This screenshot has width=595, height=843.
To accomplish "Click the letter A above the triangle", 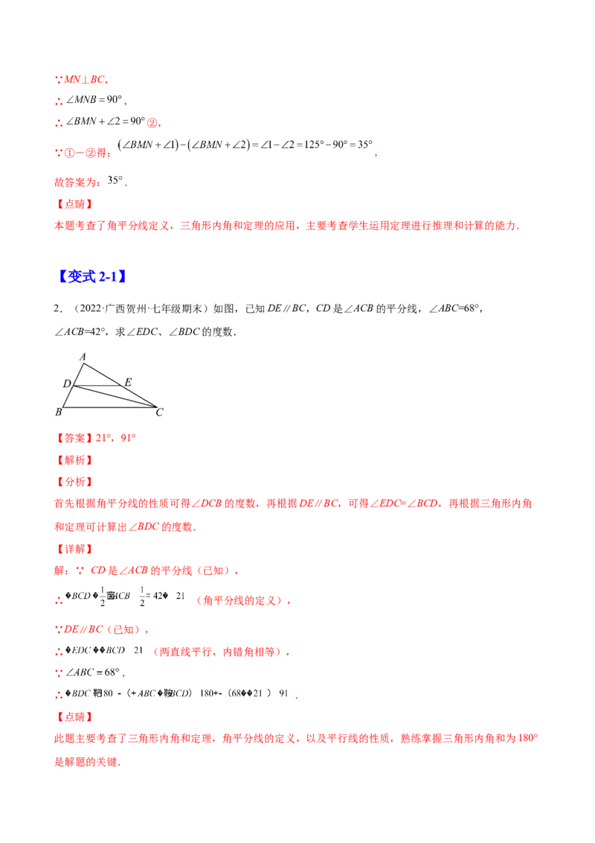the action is click(x=83, y=356).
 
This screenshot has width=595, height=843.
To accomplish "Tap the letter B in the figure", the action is click(x=58, y=411).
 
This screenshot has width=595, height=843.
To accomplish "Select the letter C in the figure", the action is click(x=160, y=411).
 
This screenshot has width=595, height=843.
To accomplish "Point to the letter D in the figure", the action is click(x=65, y=384).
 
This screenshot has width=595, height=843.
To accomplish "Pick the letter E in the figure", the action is click(x=128, y=383).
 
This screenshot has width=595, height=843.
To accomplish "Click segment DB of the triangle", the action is click(x=68, y=397).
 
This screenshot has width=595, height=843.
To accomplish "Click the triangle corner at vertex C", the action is click(x=155, y=407).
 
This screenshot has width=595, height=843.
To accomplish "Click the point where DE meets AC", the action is click(x=122, y=386).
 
